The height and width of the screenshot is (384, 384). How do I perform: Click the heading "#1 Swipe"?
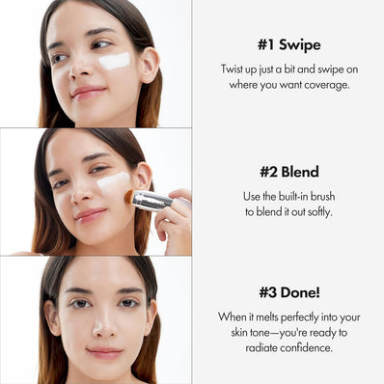288,45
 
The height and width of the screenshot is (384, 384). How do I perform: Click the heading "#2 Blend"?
288,172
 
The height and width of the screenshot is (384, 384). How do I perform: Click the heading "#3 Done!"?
288,292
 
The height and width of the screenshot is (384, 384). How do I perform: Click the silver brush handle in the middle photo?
151,200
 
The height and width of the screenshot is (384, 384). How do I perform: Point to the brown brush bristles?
129,196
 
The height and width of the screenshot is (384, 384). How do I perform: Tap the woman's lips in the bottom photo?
103,352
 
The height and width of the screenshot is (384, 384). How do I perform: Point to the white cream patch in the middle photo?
113,180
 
